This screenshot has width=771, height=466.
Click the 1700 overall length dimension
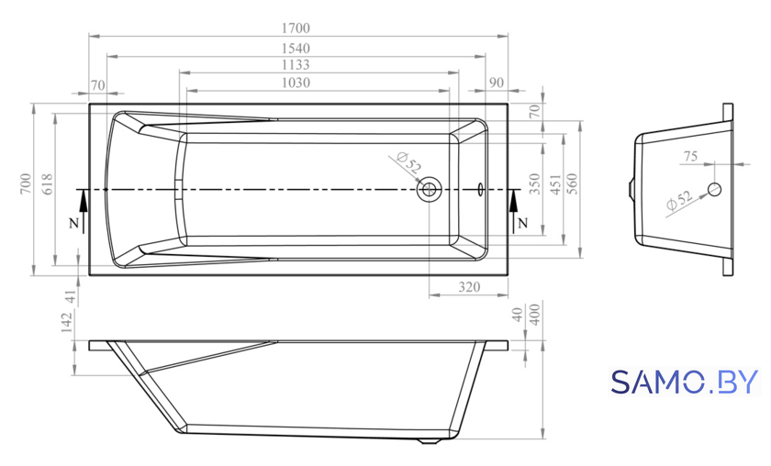(x=296, y=28)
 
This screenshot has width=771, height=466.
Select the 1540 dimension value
(x=296, y=49)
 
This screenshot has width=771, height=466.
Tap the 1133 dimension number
(x=296, y=65)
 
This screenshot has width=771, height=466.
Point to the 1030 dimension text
(x=296, y=83)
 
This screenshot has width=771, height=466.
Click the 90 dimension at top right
(x=497, y=83)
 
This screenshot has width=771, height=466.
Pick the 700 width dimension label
(x=26, y=184)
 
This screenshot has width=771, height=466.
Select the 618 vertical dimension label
(x=47, y=184)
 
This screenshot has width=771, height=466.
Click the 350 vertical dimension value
(x=535, y=184)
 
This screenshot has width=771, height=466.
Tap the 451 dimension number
(x=555, y=184)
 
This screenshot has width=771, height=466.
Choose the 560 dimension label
(x=573, y=184)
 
